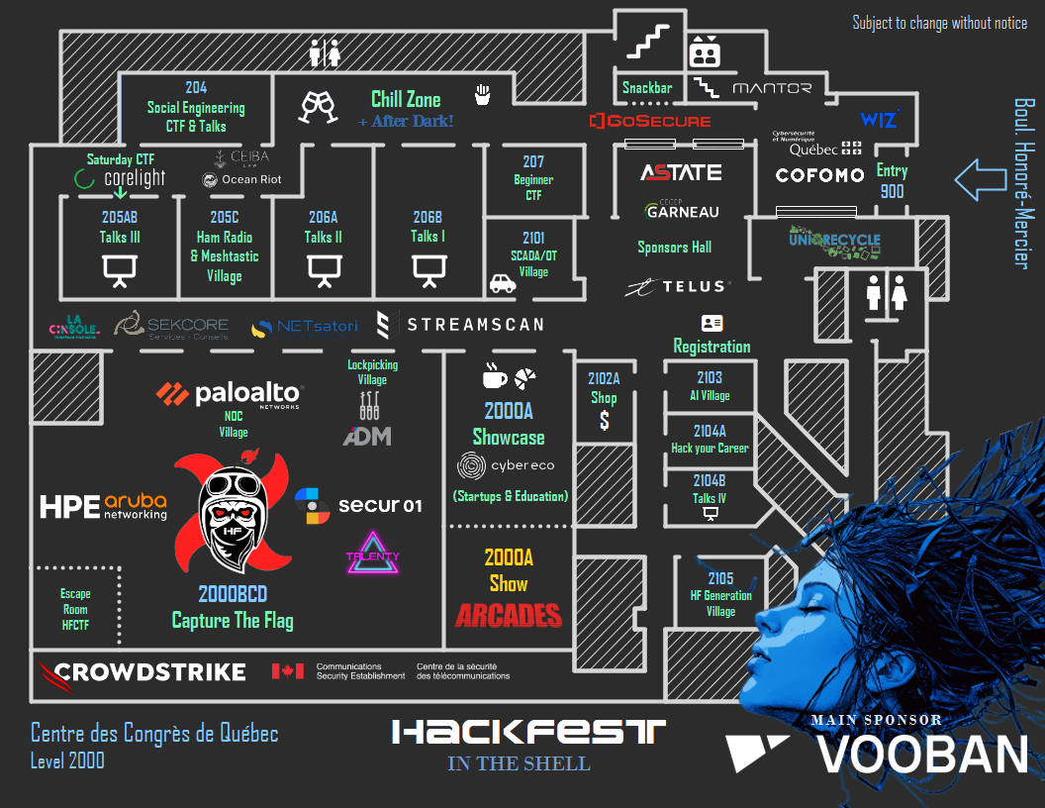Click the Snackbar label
tap(647, 88)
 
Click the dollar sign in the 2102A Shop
tap(604, 422)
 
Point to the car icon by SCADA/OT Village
tap(503, 283)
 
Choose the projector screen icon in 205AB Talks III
tap(120, 269)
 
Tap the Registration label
tap(712, 347)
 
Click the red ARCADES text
tap(508, 615)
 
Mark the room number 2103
tap(710, 377)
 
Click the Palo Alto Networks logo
tap(230, 394)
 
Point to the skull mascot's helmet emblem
tap(234, 531)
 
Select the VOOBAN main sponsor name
tap(921, 756)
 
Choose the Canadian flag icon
tap(287, 671)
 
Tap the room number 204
tap(196, 88)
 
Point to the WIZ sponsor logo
tap(879, 120)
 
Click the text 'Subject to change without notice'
tap(939, 23)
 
